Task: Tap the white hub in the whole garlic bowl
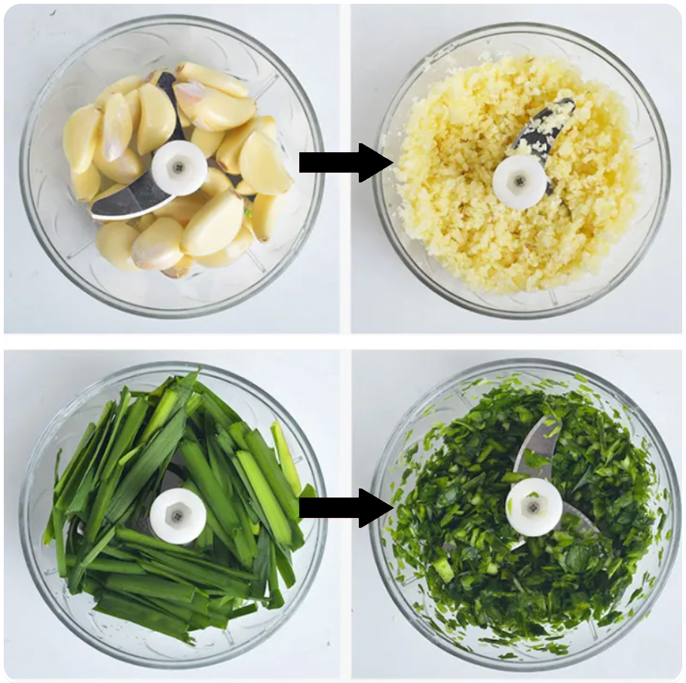179,167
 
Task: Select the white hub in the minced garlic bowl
519,182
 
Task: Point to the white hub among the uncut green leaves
178,516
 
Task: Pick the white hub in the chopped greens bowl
534,507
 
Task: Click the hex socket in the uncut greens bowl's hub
178,516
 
